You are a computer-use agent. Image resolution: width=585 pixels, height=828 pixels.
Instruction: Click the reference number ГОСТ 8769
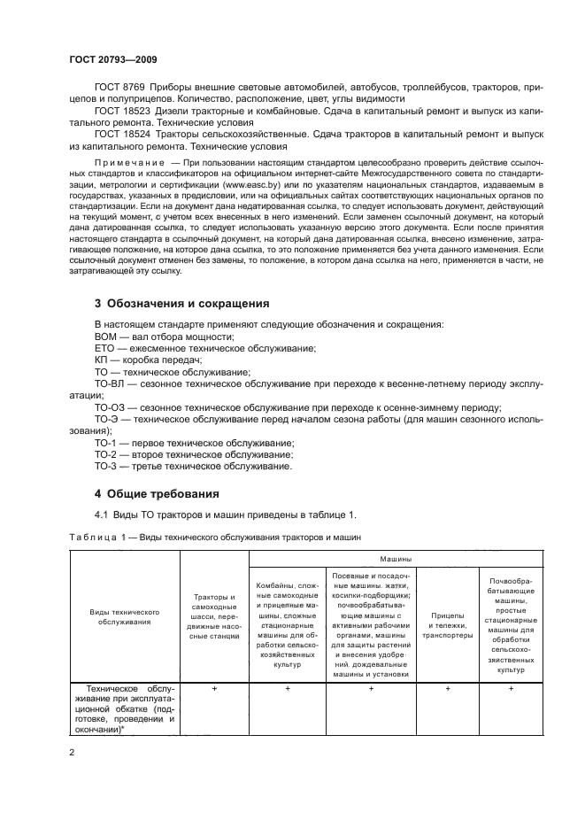pyautogui.click(x=118, y=87)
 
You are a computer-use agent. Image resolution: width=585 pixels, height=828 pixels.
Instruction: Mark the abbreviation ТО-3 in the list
pyautogui.click(x=105, y=466)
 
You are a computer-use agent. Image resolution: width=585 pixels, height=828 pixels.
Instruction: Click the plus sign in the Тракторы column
pyautogui.click(x=215, y=688)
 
